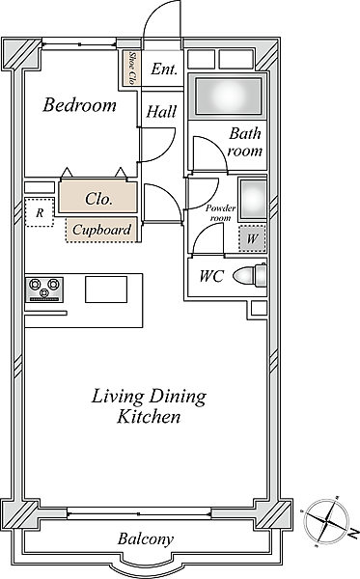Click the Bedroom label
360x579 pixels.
coord(80,105)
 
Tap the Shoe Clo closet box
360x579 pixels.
coord(132,68)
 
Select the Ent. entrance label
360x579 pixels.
coord(164,69)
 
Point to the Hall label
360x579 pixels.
coord(161,112)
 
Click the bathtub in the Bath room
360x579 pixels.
coord(228,96)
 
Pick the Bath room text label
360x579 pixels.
coord(245,142)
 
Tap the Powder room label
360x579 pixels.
coord(221,212)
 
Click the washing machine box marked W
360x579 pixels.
coord(252,238)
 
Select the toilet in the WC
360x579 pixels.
coord(249,275)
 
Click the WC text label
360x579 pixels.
coord(211,276)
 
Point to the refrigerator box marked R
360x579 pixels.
coord(40,212)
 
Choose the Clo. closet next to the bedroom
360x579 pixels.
coord(97,197)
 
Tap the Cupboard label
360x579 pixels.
coord(101,230)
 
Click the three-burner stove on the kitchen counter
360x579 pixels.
coord(44,289)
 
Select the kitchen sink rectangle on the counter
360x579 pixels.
coord(106,289)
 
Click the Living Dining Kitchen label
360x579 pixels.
coord(149,406)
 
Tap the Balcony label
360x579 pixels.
coord(146,539)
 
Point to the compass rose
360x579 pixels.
coord(325,521)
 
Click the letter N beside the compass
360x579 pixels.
coord(353,533)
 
